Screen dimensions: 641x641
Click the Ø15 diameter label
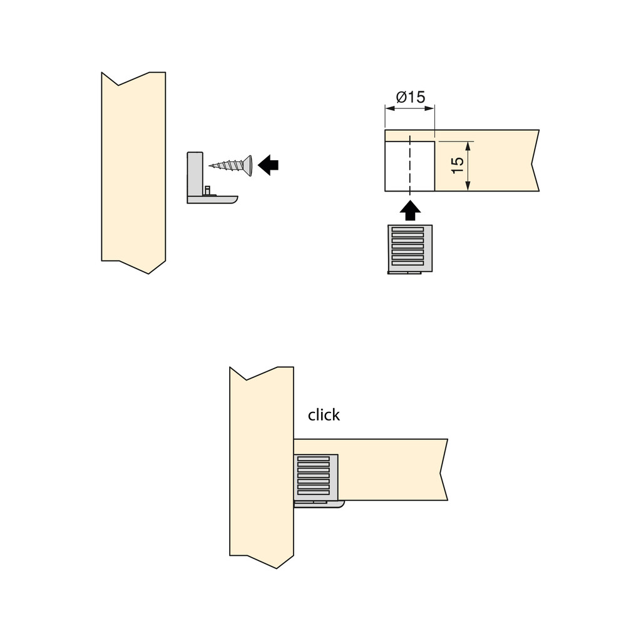pos(411,97)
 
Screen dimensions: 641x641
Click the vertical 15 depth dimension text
pos(458,165)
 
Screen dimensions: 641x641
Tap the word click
pos(324,415)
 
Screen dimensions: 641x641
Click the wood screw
pos(230,165)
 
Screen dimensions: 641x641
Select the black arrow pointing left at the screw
pos(268,165)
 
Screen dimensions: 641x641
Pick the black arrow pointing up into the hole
pos(410,210)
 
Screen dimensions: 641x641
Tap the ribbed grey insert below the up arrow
pos(409,249)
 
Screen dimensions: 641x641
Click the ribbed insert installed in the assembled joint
pos(315,478)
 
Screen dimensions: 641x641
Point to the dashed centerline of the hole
pos(409,163)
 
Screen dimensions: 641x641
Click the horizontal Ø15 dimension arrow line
pos(409,108)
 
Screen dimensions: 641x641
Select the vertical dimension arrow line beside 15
pos(468,166)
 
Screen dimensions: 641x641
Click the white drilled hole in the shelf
pos(409,166)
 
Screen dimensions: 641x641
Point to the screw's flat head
pos(248,165)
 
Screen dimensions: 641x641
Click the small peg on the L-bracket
pos(207,190)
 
